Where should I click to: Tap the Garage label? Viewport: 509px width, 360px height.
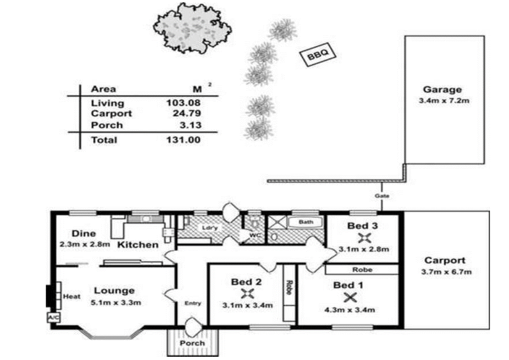click(x=442, y=89)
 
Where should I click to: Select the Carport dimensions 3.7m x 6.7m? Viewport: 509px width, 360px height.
click(x=445, y=272)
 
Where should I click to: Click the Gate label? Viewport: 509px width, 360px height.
click(x=382, y=196)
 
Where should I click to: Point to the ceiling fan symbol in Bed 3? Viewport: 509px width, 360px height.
click(x=364, y=237)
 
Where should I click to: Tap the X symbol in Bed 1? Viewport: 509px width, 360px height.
click(x=350, y=297)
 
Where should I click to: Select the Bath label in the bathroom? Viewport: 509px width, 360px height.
click(x=307, y=222)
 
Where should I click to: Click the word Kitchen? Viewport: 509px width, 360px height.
click(x=138, y=245)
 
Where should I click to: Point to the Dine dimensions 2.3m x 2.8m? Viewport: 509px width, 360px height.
click(x=84, y=244)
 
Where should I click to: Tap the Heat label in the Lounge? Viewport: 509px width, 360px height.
click(x=72, y=296)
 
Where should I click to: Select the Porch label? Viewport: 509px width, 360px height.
click(x=192, y=343)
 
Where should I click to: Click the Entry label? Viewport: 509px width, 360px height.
click(x=192, y=303)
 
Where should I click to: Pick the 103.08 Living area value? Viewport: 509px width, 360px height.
click(x=183, y=103)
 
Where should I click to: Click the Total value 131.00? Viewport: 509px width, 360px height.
click(x=183, y=140)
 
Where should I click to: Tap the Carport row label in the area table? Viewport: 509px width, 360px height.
click(x=111, y=113)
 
